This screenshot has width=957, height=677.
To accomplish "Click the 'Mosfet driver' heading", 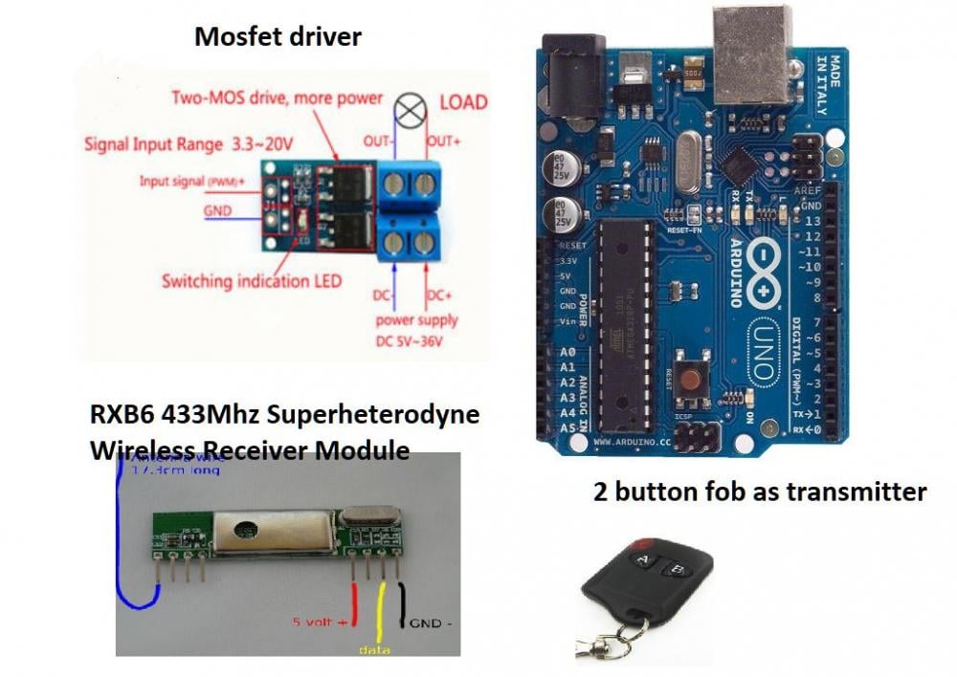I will pos(278,37).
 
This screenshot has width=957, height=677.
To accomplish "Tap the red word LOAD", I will pos(463,101).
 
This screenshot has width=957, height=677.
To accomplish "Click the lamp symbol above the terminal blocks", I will pos(412,113).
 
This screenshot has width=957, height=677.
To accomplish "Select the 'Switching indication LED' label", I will pos(251,281).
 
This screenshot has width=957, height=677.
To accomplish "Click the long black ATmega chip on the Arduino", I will pos(626,320).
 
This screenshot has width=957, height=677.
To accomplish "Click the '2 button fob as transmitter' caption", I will pos(760,492).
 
